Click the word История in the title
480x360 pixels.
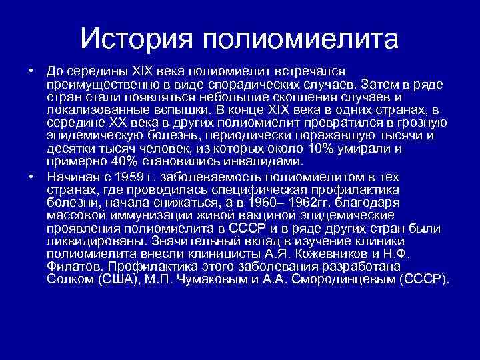point(135,39)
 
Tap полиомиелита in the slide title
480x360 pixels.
point(297,39)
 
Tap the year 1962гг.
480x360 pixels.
point(309,201)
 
